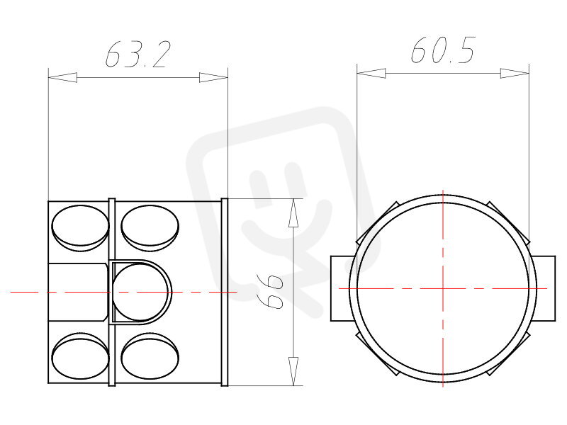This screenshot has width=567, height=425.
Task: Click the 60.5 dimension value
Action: [442, 50]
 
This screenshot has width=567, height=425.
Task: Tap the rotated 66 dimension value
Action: [269, 291]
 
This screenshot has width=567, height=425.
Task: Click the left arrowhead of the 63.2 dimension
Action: [62, 77]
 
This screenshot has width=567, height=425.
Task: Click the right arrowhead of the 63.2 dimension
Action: [214, 77]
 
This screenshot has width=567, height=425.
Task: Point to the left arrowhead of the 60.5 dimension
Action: [371, 74]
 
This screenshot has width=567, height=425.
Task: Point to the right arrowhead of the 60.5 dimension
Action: [515, 74]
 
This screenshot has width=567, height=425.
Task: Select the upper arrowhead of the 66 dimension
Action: [293, 213]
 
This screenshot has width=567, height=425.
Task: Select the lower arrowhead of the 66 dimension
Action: [293, 371]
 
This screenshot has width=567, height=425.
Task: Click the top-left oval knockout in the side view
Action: [80, 227]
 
